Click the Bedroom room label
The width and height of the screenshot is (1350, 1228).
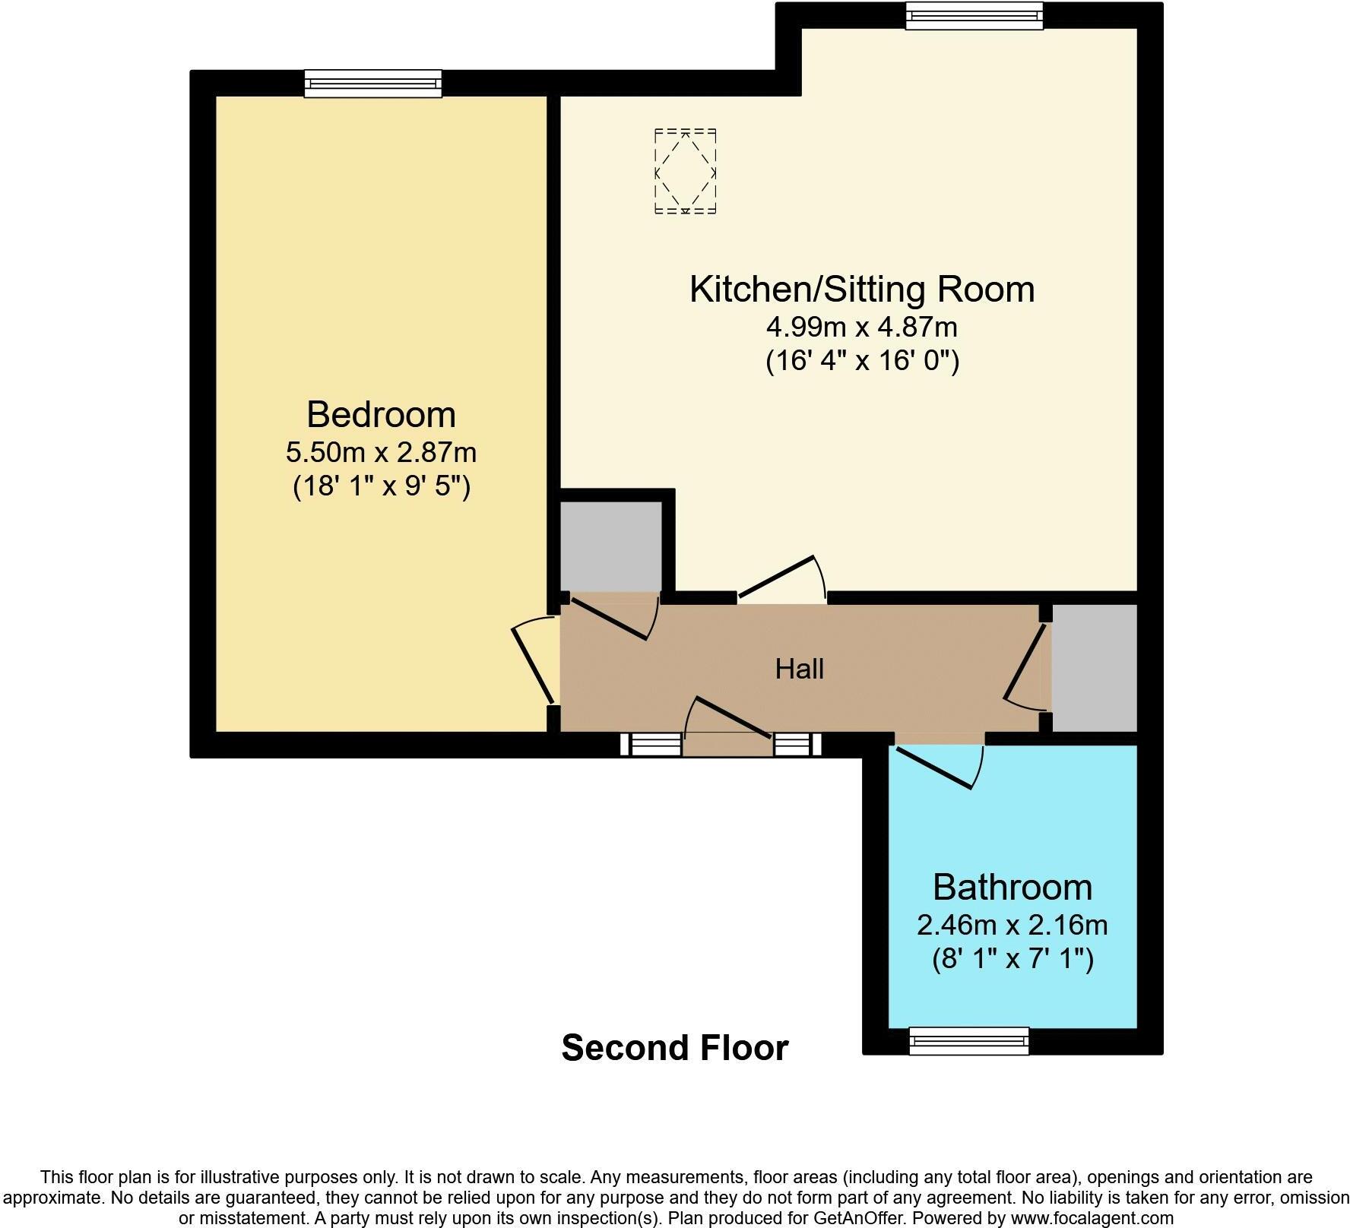381,415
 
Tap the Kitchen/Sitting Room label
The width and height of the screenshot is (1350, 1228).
861,290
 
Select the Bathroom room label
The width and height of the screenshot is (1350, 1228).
1012,888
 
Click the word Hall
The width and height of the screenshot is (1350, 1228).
799,669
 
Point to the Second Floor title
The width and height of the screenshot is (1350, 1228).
674,1048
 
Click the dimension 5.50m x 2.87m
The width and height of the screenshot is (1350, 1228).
381,453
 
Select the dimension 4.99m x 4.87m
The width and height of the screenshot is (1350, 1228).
861,328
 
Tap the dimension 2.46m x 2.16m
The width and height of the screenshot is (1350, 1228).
1012,926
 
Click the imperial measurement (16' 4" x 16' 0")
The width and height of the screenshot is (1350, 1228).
862,360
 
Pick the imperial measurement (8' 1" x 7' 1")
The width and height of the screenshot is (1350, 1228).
1012,959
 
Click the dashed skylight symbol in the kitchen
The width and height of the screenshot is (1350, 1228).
685,172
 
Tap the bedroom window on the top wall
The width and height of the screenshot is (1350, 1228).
372,83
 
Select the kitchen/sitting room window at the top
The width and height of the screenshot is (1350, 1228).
974,15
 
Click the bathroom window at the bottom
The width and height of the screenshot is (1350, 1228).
969,1040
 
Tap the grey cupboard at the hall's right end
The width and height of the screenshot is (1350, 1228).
1094,668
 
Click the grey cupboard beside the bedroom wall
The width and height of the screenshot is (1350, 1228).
610,546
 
